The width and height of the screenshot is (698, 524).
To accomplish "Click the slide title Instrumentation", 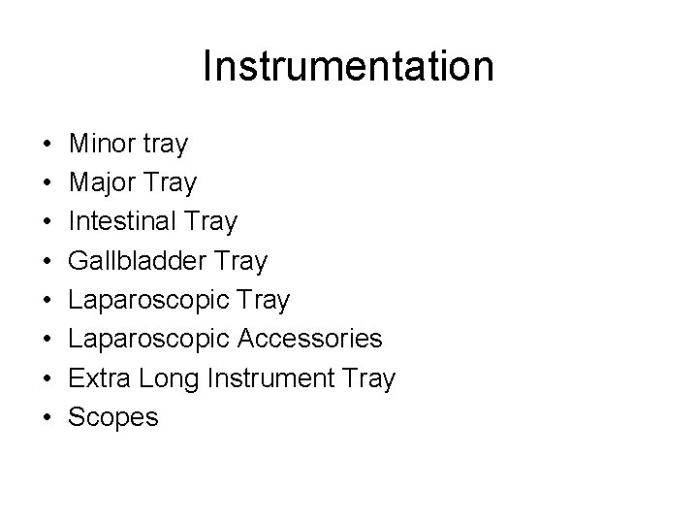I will click(x=348, y=67).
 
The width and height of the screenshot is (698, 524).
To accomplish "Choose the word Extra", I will click(x=99, y=377).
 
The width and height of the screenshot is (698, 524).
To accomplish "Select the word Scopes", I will click(x=113, y=417).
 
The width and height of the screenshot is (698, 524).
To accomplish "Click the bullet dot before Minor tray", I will click(x=47, y=146).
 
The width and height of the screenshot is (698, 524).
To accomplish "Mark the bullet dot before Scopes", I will click(x=47, y=417).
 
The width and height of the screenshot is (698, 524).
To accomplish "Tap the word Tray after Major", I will click(x=171, y=183).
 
